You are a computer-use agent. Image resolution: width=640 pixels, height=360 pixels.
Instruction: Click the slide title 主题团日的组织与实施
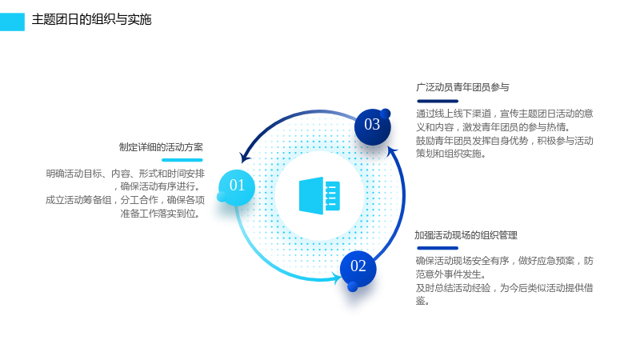pyautogui.click(x=91, y=19)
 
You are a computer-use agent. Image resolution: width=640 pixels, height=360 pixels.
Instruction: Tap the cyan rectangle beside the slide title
pyautogui.click(x=12, y=22)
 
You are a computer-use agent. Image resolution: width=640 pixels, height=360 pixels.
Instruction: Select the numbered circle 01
pyautogui.click(x=237, y=187)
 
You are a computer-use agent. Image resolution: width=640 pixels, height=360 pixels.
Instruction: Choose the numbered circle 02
pyautogui.click(x=358, y=268)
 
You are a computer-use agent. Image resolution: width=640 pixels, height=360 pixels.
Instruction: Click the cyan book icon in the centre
pyautogui.click(x=319, y=195)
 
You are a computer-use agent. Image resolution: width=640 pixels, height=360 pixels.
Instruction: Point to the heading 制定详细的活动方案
pyautogui.click(x=161, y=147)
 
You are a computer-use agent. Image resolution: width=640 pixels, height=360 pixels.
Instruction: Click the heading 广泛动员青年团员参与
pyautogui.click(x=462, y=87)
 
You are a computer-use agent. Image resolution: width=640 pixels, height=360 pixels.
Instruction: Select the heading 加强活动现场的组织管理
pyautogui.click(x=466, y=235)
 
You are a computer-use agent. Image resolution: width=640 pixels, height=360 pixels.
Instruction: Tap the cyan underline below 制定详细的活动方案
pyautogui.click(x=182, y=160)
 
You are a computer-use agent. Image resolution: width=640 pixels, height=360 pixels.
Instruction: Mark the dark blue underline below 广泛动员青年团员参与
pyautogui.click(x=438, y=102)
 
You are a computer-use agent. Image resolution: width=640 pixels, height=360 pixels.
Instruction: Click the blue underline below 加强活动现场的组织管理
pyautogui.click(x=438, y=248)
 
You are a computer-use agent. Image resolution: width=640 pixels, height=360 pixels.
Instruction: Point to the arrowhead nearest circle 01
pyautogui.click(x=245, y=157)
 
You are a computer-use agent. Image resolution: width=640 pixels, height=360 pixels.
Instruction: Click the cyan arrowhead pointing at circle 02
pyautogui.click(x=337, y=278)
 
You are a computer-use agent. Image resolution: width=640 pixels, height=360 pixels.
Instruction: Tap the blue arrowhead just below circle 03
pyautogui.click(x=392, y=152)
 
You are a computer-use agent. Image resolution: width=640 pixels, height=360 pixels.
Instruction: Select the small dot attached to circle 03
pyautogui.click(x=385, y=114)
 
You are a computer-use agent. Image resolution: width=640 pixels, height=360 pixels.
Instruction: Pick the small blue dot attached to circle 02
pyautogui.click(x=352, y=287)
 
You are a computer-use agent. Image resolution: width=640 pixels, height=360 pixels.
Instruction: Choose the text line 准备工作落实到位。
pyautogui.click(x=161, y=214)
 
